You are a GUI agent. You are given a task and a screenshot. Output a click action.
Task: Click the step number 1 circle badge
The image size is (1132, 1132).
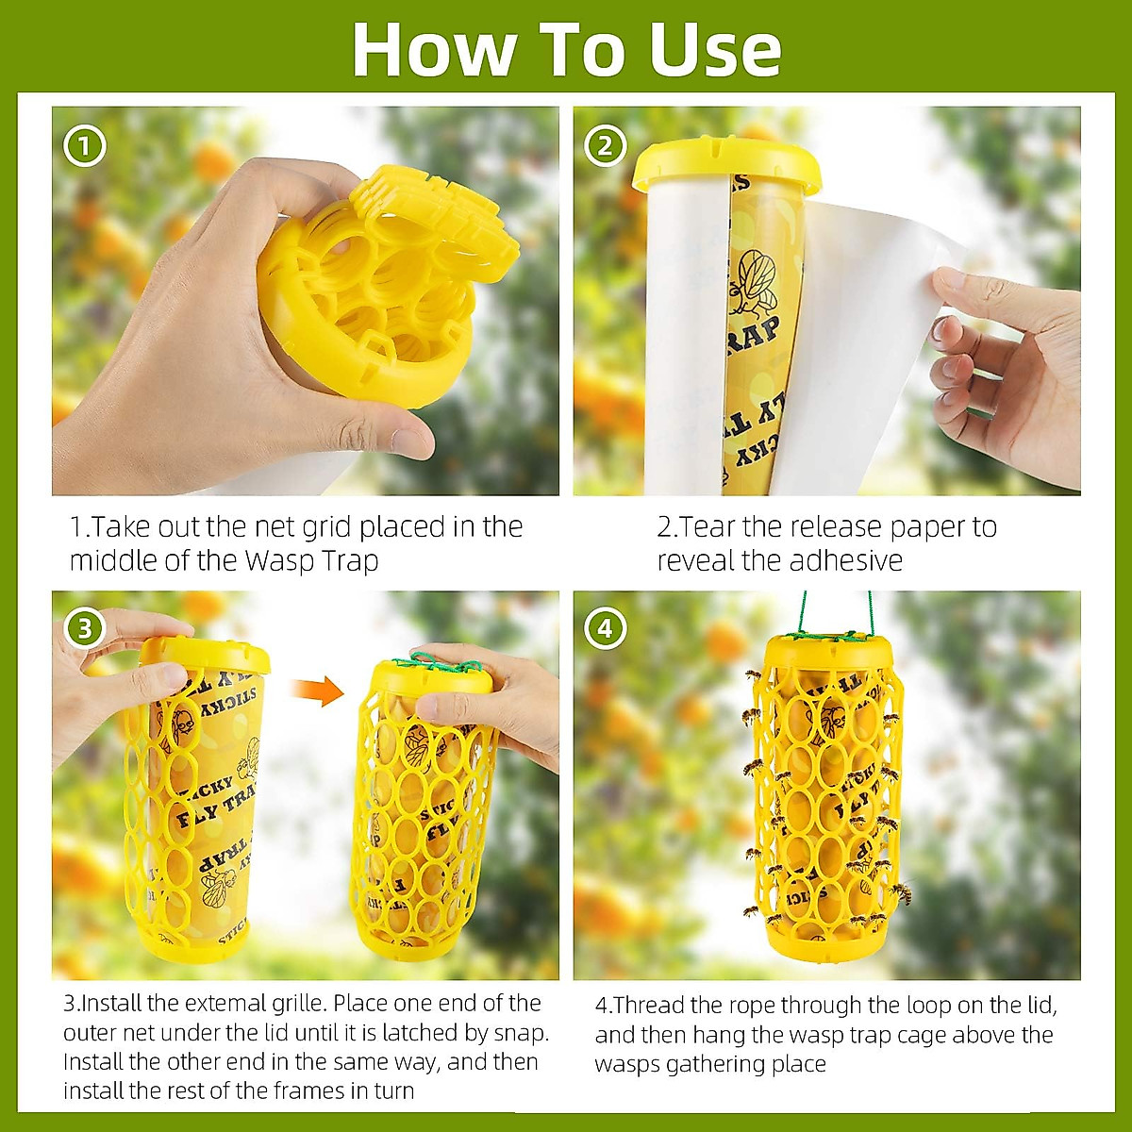tap(85, 147)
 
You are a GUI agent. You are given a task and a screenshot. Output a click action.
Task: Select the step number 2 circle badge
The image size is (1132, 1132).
tap(605, 147)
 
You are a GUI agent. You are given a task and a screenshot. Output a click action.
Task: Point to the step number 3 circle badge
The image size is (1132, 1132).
tap(85, 627)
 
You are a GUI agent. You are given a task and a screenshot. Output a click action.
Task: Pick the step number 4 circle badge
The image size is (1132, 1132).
tap(605, 629)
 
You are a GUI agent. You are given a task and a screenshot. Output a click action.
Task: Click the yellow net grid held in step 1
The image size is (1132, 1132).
tap(396, 283)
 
